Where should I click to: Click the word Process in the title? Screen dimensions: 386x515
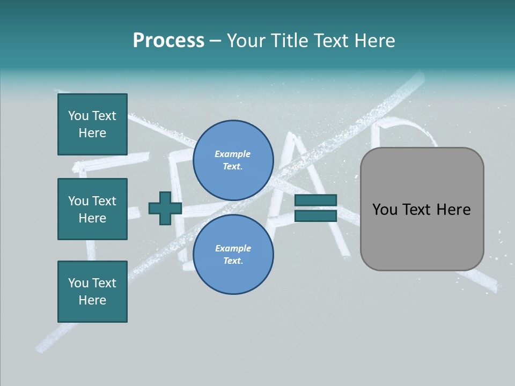click(x=168, y=41)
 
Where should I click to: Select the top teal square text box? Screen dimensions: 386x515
click(x=92, y=124)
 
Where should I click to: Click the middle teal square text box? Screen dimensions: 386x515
click(x=92, y=209)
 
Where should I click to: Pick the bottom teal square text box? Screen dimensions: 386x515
click(x=92, y=292)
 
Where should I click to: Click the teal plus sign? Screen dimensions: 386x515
click(x=165, y=208)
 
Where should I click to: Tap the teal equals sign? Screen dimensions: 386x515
click(x=315, y=208)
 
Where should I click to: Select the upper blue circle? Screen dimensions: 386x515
click(x=233, y=160)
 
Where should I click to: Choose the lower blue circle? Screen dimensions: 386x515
click(x=233, y=255)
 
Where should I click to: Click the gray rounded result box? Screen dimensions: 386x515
click(x=422, y=209)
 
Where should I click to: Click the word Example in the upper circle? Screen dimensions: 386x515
click(x=232, y=154)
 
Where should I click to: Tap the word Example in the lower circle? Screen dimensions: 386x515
click(x=233, y=248)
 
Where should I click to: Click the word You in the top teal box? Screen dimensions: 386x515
click(x=78, y=116)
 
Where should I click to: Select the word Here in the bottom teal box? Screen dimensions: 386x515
click(x=92, y=300)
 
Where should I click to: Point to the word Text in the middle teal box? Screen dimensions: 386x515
click(x=104, y=201)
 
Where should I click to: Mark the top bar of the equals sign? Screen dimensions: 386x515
click(x=315, y=201)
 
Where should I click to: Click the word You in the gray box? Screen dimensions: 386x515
click(x=385, y=210)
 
